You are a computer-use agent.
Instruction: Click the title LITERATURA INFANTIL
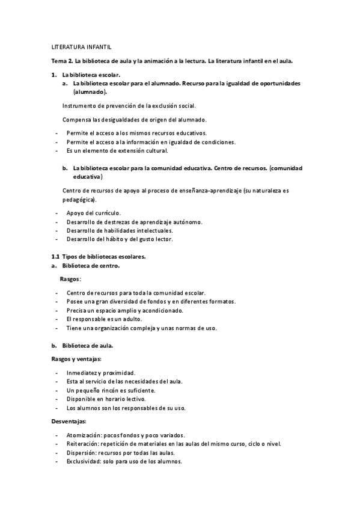tap(81, 47)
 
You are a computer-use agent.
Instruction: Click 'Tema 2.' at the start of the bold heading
tap(61, 61)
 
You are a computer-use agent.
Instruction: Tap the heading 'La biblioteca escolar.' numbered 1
tap(91, 75)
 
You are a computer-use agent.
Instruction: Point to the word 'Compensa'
tap(75, 119)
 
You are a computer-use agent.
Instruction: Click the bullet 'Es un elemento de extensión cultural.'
tap(117, 150)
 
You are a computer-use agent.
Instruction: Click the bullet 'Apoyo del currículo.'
tap(94, 213)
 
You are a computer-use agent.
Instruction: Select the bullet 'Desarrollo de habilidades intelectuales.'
tap(120, 230)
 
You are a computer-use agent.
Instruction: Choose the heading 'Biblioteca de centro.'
tap(91, 265)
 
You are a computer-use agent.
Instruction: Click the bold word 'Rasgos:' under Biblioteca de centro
tap(70, 279)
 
